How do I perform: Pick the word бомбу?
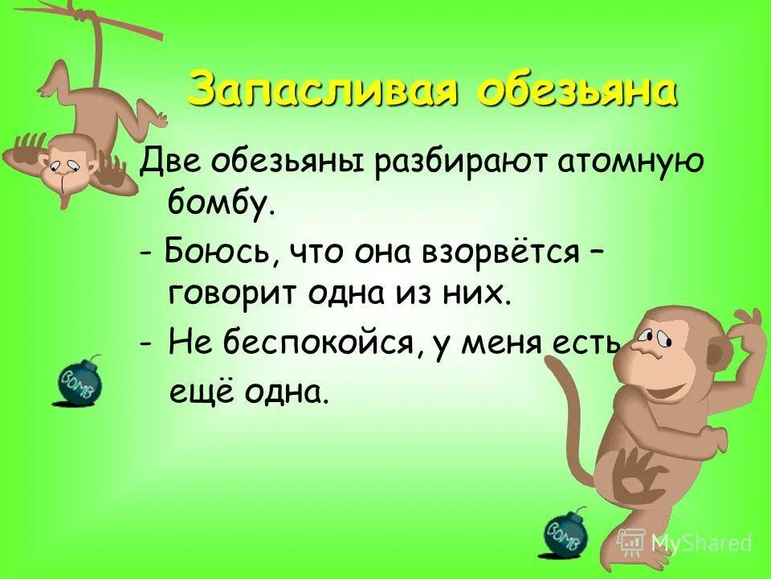point(221,205)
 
